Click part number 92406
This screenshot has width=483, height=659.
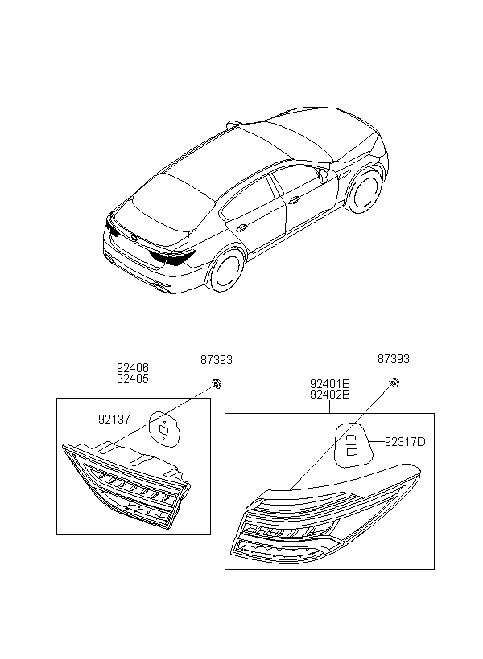coord(133,368)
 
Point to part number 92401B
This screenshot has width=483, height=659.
coord(330,384)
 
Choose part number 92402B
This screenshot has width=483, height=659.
coord(330,395)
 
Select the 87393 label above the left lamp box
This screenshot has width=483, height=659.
coord(216,360)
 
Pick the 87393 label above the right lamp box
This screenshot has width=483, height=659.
coord(394,360)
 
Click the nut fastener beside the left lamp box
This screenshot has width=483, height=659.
coord(216,383)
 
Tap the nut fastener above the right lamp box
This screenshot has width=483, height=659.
coord(394,383)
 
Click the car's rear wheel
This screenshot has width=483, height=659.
coord(225,269)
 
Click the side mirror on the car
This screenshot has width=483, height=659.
coord(324,174)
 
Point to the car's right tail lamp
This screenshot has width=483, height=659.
coord(174,258)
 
